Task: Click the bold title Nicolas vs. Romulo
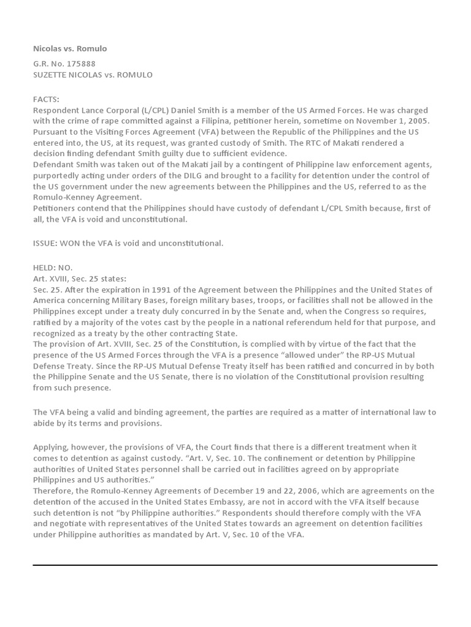[70, 48]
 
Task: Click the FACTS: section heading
[47, 99]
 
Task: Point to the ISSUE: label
[46, 243]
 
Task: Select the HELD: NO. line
[53, 268]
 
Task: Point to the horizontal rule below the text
[235, 565]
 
